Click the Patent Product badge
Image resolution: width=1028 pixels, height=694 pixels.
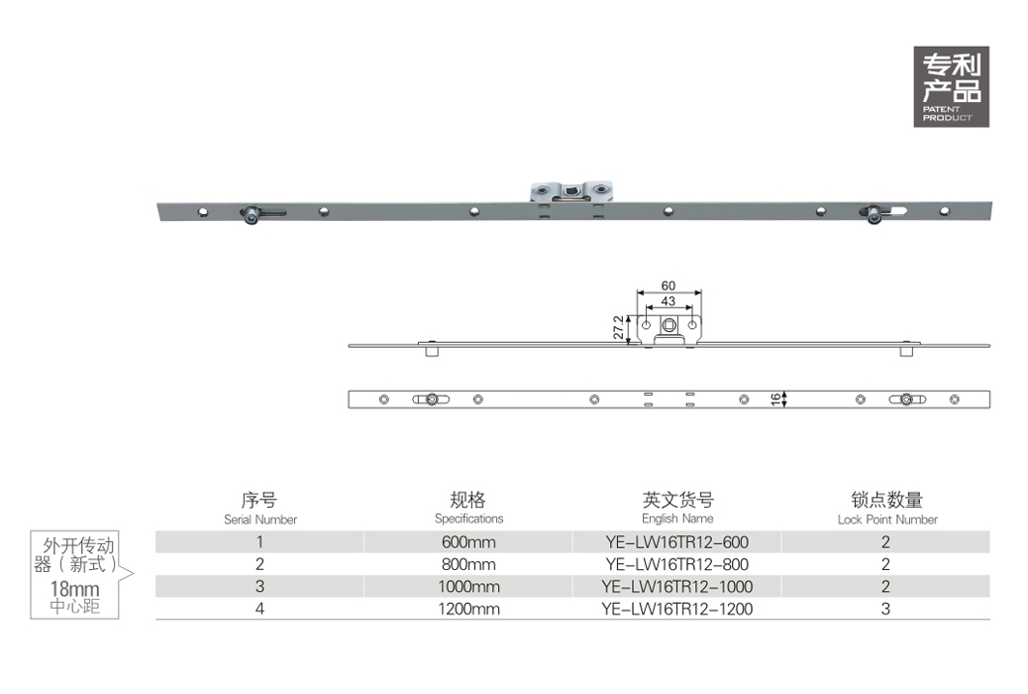[952, 86]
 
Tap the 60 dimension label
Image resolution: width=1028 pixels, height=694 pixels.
[668, 286]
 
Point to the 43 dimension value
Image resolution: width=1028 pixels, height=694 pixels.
[668, 301]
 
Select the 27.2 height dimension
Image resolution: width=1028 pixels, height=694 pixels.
[618, 327]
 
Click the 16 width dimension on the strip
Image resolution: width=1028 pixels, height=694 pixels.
[775, 400]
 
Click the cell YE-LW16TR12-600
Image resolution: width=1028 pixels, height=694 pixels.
[676, 542]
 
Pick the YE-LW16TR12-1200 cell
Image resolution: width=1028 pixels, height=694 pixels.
[676, 610]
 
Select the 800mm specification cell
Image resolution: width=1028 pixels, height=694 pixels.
[468, 565]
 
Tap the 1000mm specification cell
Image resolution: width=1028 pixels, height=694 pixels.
[468, 587]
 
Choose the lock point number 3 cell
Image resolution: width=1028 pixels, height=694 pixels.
[885, 610]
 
